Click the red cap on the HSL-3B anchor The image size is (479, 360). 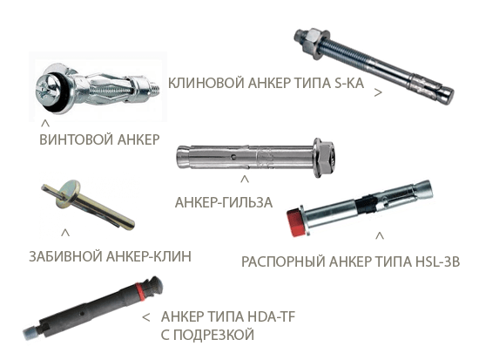tap(296, 222)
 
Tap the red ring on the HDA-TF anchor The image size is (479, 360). tap(139, 290)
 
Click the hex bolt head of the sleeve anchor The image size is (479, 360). tap(327, 159)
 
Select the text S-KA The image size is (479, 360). tap(349, 83)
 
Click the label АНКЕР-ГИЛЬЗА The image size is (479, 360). tap(224, 202)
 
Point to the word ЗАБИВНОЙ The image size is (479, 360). tap(65, 256)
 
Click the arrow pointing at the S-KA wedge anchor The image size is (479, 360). tap(378, 92)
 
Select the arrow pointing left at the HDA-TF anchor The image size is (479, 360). tap(146, 317)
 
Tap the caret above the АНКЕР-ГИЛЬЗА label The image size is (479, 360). tap(244, 180)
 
